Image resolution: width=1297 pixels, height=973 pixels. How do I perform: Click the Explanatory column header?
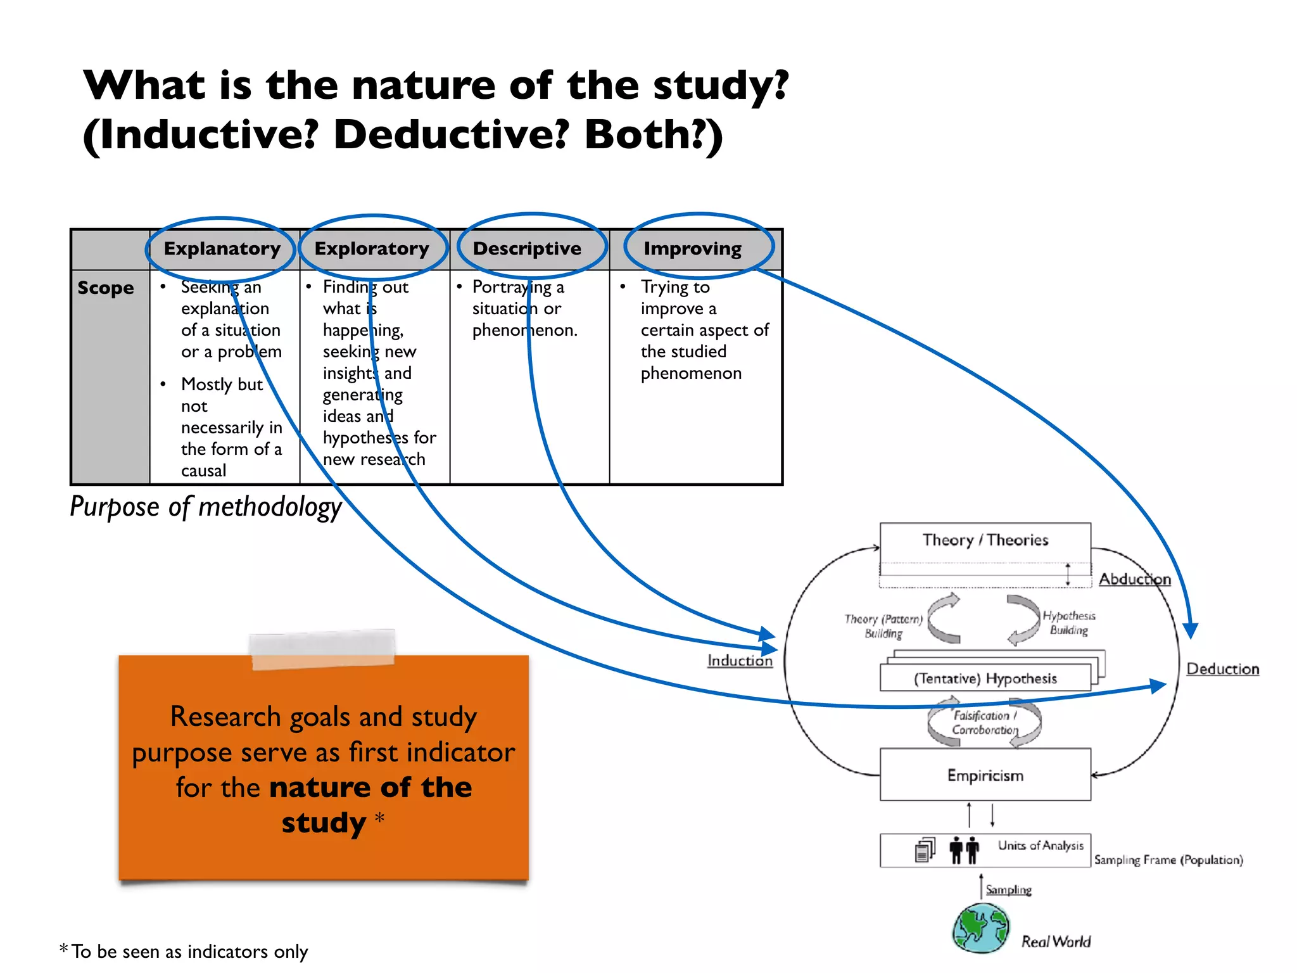(222, 248)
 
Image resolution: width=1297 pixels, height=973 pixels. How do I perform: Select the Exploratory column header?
(372, 248)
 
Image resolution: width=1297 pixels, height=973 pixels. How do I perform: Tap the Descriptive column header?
(527, 248)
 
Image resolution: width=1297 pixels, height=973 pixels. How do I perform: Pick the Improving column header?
(692, 248)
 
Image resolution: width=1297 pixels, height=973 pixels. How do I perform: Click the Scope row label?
(106, 288)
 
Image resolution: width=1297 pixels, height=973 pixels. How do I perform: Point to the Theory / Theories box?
(985, 540)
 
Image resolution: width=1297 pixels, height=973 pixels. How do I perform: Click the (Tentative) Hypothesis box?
(985, 678)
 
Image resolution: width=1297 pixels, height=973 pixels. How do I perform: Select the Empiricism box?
(985, 775)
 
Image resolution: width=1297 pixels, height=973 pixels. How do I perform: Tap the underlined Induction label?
(740, 661)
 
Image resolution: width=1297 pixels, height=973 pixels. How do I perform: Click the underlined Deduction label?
(1222, 669)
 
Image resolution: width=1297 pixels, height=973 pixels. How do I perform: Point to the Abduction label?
(1134, 579)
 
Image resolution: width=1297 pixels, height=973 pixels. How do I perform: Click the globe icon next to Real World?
(981, 929)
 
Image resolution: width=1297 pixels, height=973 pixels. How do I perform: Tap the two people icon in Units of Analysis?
(964, 849)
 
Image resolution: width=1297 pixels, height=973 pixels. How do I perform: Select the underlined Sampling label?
(1008, 889)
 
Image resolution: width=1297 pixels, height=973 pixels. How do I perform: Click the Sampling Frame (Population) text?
(1168, 860)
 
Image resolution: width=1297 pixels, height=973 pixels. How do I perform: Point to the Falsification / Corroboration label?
(984, 723)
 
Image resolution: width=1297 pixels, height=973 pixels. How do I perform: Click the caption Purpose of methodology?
(206, 507)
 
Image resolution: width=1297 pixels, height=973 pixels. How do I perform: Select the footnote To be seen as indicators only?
(189, 951)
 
